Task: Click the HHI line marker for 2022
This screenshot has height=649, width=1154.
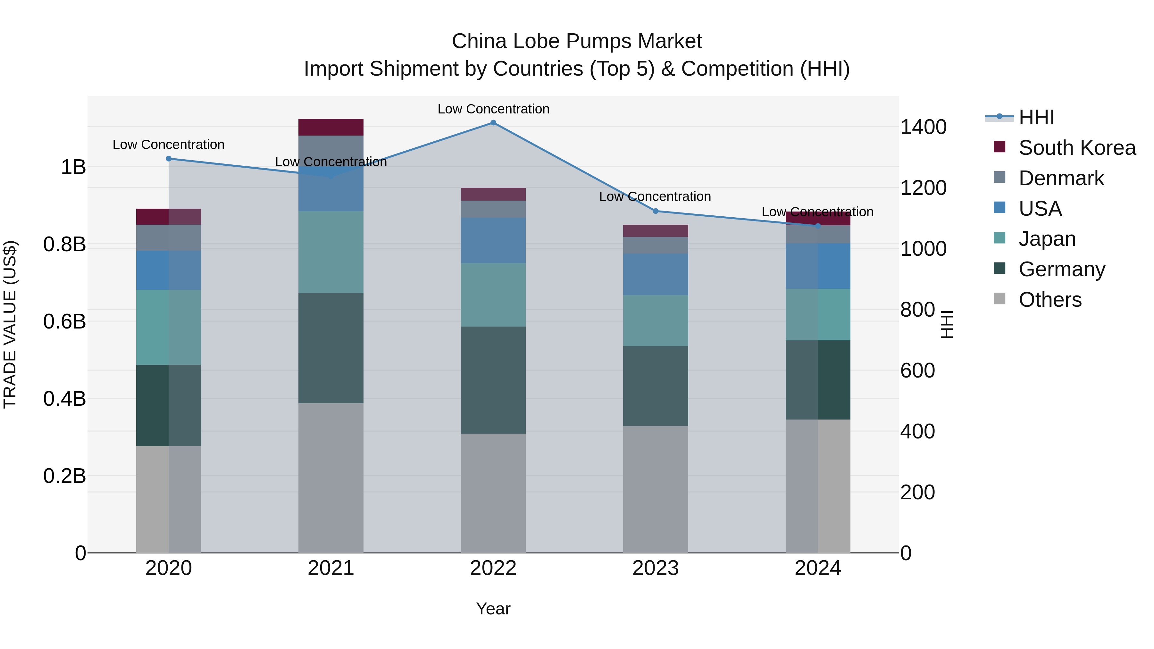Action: [493, 123]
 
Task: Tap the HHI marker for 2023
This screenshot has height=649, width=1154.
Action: [656, 211]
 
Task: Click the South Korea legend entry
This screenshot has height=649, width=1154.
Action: [1077, 148]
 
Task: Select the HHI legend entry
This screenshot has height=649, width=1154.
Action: [1036, 117]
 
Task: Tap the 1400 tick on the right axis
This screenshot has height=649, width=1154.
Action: [923, 127]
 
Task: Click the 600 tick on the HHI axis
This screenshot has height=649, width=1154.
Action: [917, 370]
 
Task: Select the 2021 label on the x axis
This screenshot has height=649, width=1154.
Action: [330, 568]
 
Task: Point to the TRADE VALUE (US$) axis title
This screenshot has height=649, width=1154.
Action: [10, 324]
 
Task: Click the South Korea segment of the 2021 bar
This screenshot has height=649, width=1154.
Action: [330, 127]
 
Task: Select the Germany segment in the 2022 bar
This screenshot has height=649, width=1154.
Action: [493, 380]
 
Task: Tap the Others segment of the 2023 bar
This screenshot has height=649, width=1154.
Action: [656, 489]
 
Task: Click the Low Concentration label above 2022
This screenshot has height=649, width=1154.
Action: [493, 109]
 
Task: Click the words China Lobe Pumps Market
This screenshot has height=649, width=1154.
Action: [577, 41]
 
